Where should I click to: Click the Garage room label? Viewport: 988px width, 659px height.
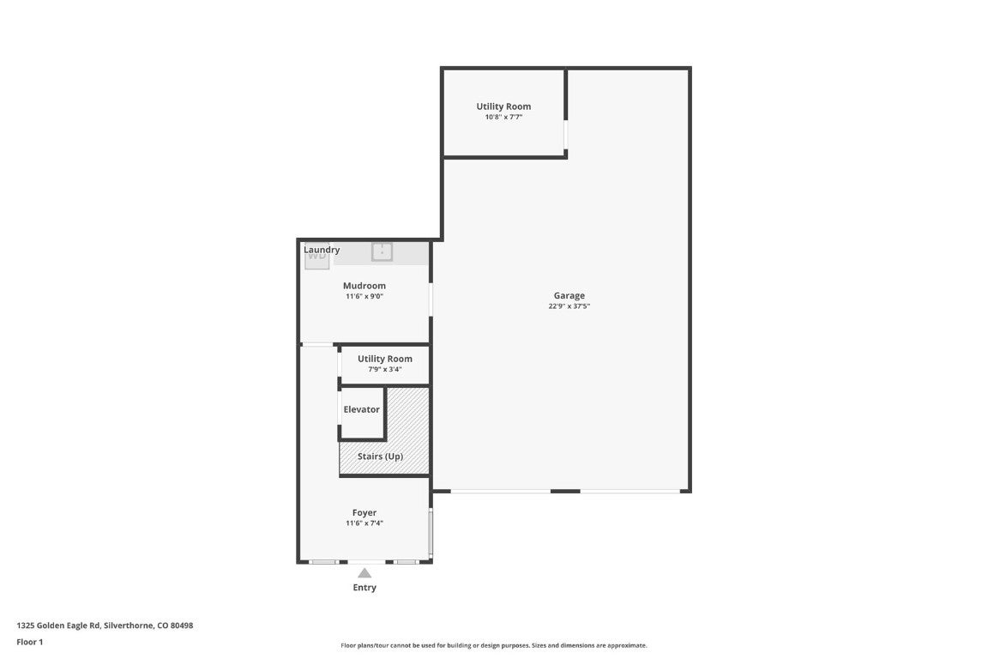(569, 296)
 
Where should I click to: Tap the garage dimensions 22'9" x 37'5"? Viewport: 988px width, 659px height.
(569, 306)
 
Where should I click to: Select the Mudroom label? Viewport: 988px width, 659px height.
(364, 286)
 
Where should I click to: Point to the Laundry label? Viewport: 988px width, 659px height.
(322, 250)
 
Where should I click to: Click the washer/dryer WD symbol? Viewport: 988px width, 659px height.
(316, 256)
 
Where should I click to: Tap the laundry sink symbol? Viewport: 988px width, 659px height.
(382, 251)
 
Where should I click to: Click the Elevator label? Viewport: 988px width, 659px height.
(361, 410)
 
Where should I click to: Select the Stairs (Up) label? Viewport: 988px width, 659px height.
(380, 456)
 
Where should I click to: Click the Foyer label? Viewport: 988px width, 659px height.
(364, 513)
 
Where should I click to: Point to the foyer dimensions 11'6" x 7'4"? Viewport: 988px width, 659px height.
(364, 523)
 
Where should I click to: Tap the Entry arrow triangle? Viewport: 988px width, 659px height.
(364, 573)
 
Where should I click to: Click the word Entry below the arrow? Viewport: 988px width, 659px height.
(364, 588)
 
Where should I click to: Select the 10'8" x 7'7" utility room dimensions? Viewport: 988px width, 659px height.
(503, 118)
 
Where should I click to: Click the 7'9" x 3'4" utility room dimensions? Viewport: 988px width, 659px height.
(385, 370)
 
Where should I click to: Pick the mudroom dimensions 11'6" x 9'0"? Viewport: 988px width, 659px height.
(364, 297)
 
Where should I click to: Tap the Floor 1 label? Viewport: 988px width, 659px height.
(29, 642)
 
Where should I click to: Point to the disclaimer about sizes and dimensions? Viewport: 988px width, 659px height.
(494, 645)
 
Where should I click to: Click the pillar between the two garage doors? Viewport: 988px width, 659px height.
(565, 492)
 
